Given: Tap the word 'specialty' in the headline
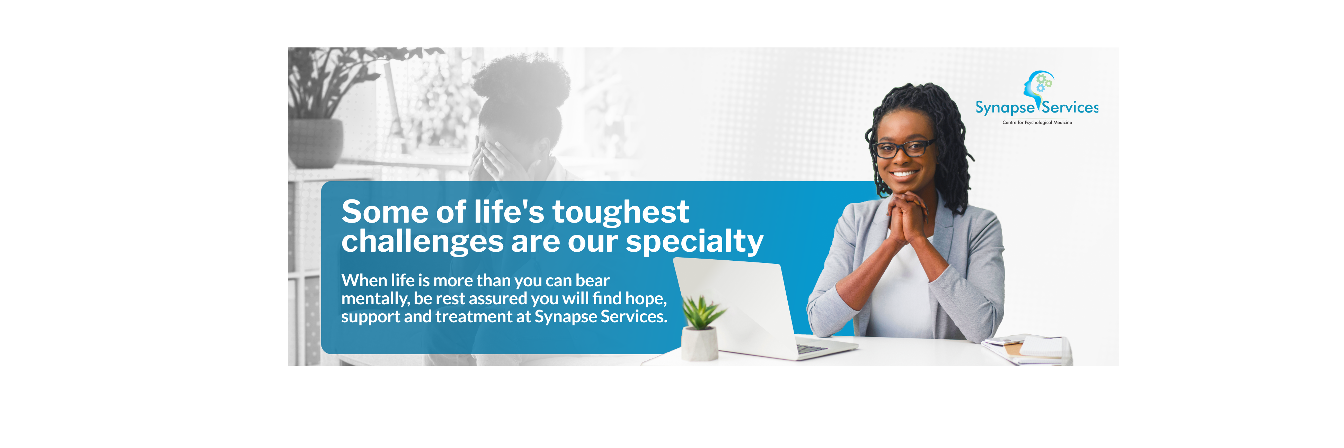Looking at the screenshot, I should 694,242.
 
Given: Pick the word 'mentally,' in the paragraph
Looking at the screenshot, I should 374,299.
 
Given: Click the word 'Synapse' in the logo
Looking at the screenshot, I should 1004,108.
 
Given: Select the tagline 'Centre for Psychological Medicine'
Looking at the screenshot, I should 1037,123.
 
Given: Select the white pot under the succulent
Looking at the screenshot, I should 699,344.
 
